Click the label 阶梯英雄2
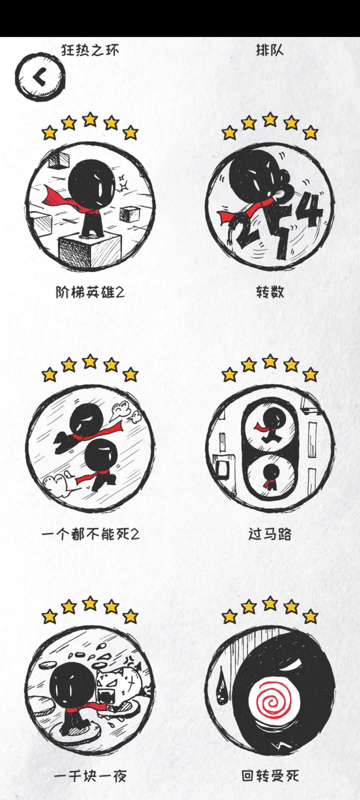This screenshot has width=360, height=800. [x=90, y=292]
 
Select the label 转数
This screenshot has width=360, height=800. [x=270, y=292]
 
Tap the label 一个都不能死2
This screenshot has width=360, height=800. [x=90, y=534]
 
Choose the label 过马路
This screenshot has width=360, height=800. [x=270, y=534]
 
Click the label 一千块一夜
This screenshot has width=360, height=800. [x=90, y=776]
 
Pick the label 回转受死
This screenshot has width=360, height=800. [x=270, y=776]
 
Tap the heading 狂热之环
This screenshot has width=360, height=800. [x=90, y=50]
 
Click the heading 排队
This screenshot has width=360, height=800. [x=270, y=50]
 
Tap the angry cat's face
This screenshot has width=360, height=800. [x=113, y=683]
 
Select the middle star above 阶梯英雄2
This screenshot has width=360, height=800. [x=90, y=120]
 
